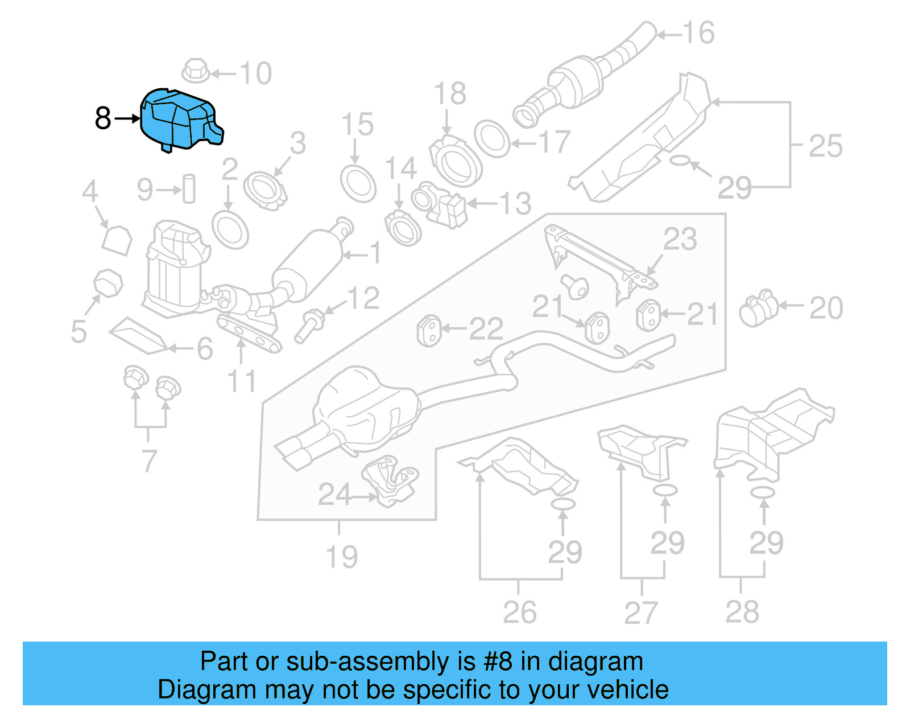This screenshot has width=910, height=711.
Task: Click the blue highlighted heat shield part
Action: (179, 120)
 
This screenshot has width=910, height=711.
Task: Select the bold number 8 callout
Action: (103, 118)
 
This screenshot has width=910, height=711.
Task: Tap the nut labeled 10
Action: (195, 71)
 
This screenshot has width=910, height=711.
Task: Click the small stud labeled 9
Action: (189, 188)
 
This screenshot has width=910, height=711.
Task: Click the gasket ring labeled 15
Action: (358, 183)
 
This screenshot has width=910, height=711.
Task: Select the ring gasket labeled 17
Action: (491, 138)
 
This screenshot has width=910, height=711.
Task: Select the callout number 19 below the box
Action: (341, 557)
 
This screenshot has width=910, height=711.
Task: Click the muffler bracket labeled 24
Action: (391, 480)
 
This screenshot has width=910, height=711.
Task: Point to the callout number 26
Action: (519, 613)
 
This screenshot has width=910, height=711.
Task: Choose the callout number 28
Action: (742, 612)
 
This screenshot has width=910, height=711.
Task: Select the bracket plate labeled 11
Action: (249, 335)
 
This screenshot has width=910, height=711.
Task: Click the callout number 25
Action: (825, 146)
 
